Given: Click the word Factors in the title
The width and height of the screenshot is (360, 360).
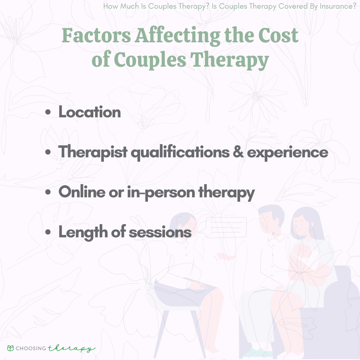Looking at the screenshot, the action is click(x=96, y=35).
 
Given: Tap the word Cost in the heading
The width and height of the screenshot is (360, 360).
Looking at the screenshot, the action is click(x=278, y=35).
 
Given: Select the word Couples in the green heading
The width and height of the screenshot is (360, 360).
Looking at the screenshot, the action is click(x=150, y=59).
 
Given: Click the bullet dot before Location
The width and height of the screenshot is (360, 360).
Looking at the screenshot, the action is click(x=48, y=112).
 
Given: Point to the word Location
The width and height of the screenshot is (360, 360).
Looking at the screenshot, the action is click(x=90, y=112).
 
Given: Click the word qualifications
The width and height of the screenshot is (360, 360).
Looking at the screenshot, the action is click(x=180, y=152).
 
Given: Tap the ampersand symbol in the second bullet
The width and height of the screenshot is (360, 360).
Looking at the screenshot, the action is click(x=238, y=152).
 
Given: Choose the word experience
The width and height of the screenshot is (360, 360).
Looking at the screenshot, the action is click(x=287, y=152).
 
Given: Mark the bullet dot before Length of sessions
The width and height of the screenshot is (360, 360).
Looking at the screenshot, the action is click(x=48, y=232).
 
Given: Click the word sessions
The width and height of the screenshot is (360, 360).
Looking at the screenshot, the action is click(x=160, y=232).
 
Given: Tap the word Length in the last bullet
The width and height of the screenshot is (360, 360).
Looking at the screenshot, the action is click(x=83, y=232).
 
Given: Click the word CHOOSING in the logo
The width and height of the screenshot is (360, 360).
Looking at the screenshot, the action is click(x=31, y=348).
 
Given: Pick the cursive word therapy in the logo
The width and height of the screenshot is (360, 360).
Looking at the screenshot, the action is click(x=71, y=348).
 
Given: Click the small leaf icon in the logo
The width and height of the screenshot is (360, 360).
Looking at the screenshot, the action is click(x=11, y=348).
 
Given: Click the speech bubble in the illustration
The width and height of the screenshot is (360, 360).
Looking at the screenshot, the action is click(x=226, y=228).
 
